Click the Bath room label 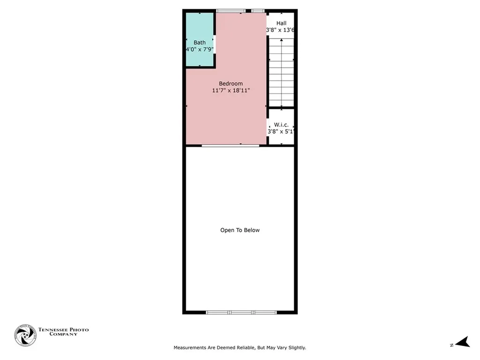200,43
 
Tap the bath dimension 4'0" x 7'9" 200,49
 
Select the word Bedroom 231,83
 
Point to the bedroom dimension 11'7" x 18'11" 231,90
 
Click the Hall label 281,23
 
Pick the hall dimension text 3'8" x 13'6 280,30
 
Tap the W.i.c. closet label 281,125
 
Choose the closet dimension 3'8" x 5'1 281,132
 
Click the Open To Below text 240,230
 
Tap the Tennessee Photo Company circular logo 25,335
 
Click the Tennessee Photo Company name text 63,332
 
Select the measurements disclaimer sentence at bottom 240,348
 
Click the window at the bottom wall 240,312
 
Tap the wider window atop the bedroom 231,11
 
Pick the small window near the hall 258,11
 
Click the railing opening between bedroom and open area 230,146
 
